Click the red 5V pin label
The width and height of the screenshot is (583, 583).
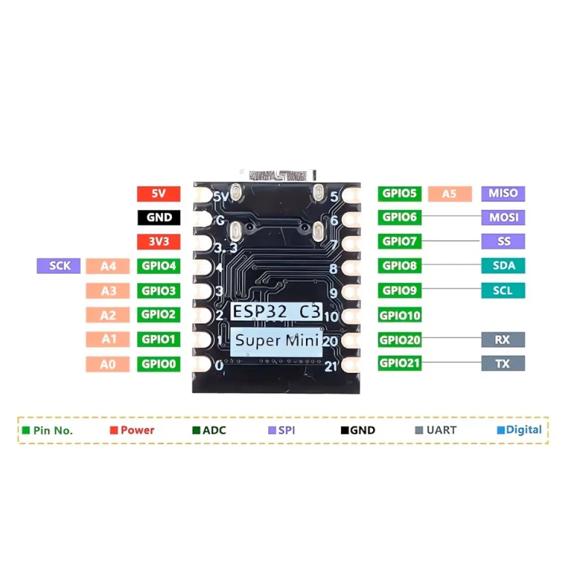(158, 194)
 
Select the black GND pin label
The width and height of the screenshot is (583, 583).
(158, 217)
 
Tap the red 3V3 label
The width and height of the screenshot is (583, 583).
(158, 242)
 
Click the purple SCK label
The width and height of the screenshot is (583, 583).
(58, 266)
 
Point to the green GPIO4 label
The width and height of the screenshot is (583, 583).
(158, 267)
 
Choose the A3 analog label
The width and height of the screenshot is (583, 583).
(108, 291)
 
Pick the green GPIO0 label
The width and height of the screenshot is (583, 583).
(158, 364)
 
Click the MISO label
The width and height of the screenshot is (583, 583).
(503, 193)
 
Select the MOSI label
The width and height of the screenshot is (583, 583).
(503, 217)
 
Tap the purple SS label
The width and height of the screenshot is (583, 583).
(503, 241)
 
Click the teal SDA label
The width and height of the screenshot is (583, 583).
(503, 266)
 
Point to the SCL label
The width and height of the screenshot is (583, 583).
(503, 290)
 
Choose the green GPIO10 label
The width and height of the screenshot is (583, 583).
(400, 315)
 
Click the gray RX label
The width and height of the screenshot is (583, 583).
(503, 339)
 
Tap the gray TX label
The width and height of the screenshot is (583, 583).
(503, 363)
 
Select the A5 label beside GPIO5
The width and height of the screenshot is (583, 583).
(450, 193)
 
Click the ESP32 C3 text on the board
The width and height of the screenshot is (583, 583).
(275, 311)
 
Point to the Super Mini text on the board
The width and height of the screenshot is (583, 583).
(275, 340)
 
